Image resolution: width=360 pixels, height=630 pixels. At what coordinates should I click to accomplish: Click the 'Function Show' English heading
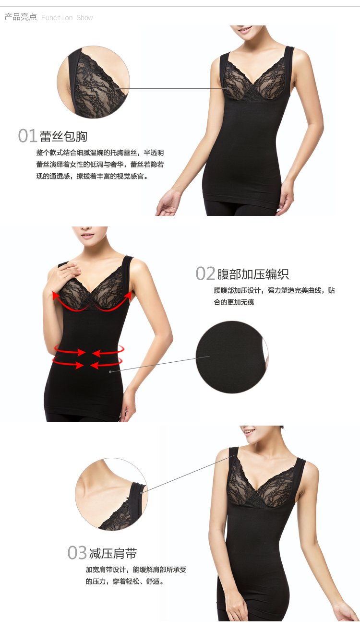[67, 18]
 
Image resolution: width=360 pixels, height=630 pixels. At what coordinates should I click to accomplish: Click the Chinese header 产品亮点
[21, 17]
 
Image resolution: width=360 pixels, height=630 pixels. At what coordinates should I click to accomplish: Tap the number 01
[27, 136]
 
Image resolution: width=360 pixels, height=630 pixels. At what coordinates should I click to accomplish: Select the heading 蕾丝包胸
[63, 136]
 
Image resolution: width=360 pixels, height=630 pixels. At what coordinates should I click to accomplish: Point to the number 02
[205, 273]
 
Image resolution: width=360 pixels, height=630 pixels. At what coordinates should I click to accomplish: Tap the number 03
[77, 553]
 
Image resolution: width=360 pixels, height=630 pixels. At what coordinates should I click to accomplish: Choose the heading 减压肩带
[113, 553]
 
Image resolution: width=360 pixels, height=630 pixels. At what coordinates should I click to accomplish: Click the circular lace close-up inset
[94, 82]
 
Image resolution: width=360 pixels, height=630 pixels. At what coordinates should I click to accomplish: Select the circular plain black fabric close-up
[232, 357]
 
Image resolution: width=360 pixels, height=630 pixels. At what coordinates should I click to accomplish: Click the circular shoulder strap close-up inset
[111, 494]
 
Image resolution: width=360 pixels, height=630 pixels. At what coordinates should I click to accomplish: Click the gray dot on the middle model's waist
[110, 372]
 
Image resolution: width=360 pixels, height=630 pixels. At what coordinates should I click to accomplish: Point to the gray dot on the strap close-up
[141, 492]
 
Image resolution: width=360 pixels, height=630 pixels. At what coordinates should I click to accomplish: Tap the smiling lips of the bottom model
[249, 431]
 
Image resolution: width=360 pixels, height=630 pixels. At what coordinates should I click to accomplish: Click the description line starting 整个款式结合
[100, 153]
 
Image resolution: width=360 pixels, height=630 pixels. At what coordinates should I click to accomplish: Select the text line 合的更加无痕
[234, 302]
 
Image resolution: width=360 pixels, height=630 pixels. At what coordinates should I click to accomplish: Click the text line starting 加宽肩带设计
[136, 570]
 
